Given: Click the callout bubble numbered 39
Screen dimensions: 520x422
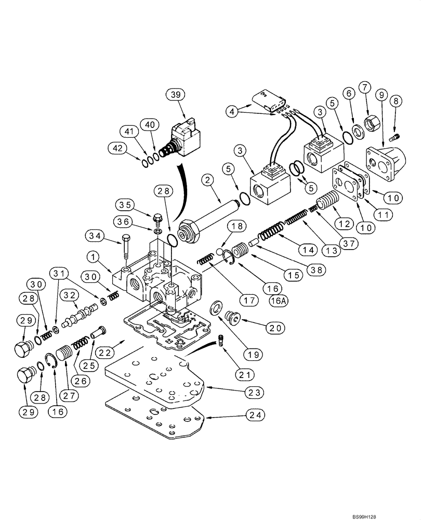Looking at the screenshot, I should coord(175,94).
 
